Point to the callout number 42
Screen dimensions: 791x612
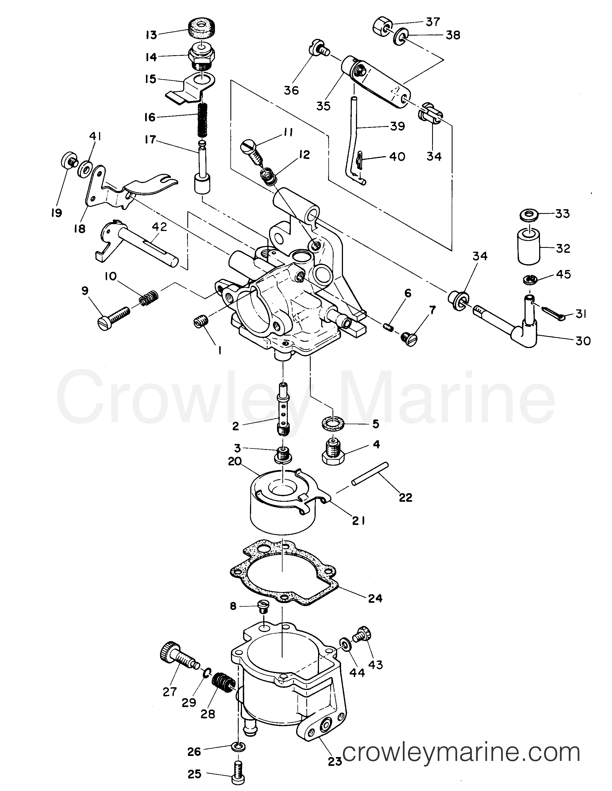[160, 227]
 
